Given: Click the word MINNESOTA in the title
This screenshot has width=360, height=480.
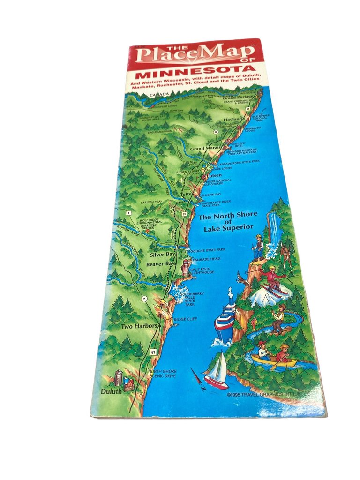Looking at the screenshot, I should [x=195, y=76].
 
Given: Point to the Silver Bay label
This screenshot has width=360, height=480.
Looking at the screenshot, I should [x=162, y=255].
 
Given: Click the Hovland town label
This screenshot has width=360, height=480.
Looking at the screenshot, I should [x=232, y=120].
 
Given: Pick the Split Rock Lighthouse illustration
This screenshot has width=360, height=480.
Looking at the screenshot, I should [x=186, y=268].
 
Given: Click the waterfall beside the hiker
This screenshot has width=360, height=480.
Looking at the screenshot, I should [x=273, y=230].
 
